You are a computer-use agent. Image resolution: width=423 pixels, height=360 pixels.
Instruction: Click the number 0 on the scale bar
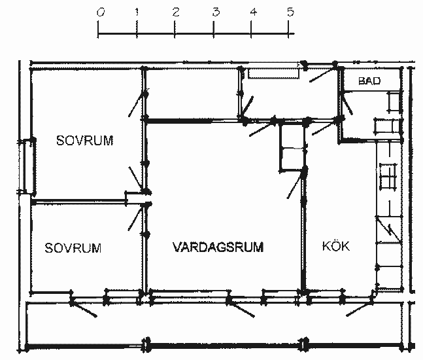pos(101,12)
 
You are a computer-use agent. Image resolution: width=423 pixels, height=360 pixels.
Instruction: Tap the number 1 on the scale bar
pos(137,12)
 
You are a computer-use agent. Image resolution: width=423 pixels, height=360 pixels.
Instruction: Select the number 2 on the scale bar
pos(176,12)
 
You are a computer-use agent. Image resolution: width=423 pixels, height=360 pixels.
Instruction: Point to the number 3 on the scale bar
pos(216,12)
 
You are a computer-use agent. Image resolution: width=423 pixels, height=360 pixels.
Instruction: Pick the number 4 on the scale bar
pos(253,12)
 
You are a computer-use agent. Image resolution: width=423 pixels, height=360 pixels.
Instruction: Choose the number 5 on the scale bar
pos(290,12)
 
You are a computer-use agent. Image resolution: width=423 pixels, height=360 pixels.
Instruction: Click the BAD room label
pos(369,81)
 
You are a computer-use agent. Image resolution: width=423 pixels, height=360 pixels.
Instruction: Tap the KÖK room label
pos(336,246)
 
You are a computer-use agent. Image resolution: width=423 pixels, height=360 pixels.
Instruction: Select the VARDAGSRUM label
pos(218,247)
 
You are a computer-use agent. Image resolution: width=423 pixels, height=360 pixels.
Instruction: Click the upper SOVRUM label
pos(85,141)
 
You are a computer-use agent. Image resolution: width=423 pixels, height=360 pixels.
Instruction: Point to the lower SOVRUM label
pos(73,248)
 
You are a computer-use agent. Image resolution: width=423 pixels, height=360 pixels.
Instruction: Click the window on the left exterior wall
pos(27,166)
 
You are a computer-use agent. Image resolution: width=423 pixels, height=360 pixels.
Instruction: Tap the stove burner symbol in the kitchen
pos(388,176)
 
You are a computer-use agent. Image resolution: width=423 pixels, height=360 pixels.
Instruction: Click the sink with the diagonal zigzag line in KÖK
pos(389,230)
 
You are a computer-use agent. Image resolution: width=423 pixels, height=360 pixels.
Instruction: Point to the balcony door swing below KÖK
pos(360,308)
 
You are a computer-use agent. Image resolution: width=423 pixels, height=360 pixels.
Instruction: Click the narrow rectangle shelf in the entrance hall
pos(273,74)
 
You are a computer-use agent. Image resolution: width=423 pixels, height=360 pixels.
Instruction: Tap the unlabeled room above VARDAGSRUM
pos(192,93)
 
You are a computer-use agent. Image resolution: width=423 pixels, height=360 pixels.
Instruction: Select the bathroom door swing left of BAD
pos(347,104)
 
